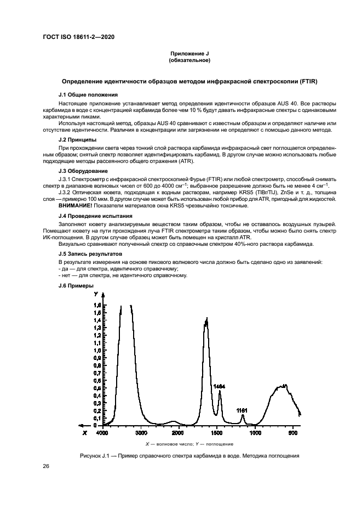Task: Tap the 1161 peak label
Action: [x=242, y=410]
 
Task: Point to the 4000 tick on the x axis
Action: [x=102, y=433]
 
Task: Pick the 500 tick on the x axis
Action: [x=293, y=433]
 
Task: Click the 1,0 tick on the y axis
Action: [x=97, y=350]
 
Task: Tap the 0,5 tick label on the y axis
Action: [x=97, y=388]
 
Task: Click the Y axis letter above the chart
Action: [x=96, y=295]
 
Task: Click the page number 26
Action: [x=46, y=466]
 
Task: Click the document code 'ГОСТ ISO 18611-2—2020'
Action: [x=78, y=37]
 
